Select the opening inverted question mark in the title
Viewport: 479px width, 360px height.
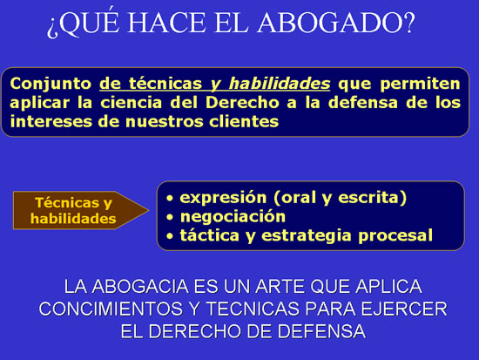(52, 27)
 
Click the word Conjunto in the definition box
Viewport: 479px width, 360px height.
(51, 84)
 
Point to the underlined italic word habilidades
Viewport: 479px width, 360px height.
(280, 84)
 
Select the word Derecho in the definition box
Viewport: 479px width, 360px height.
(242, 103)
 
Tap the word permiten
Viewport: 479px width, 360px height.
(420, 84)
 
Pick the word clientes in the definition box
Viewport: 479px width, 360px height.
(244, 121)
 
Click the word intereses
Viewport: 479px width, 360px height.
(51, 121)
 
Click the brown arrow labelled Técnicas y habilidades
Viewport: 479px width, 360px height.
(81, 210)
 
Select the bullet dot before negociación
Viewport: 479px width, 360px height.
(170, 217)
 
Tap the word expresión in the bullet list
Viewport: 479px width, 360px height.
(223, 198)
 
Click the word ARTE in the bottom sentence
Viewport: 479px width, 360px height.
(280, 287)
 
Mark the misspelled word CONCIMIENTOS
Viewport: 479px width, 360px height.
(111, 309)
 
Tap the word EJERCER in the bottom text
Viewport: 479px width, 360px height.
(404, 309)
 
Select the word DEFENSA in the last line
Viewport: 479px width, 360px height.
(321, 331)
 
